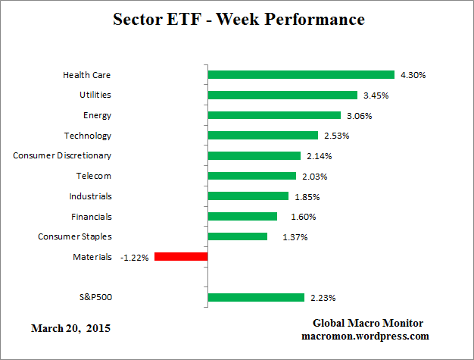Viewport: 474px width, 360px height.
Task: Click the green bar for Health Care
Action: tap(301, 75)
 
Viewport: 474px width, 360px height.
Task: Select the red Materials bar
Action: tap(181, 257)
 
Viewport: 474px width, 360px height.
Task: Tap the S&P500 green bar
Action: tap(255, 297)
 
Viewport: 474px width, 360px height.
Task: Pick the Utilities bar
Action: tap(282, 95)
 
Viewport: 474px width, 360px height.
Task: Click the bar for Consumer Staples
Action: tap(237, 236)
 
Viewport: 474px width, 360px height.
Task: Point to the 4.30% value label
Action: tap(412, 75)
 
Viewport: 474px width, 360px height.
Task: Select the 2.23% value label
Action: tap(321, 298)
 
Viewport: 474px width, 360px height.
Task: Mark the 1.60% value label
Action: tap(294, 217)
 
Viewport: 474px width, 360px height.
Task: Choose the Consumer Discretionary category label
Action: tap(62, 155)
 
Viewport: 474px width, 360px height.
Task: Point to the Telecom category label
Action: tap(93, 176)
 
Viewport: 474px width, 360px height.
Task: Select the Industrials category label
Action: tap(89, 196)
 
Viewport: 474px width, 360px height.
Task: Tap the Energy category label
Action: tap(97, 115)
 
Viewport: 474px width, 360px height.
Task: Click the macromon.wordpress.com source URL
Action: tap(365, 336)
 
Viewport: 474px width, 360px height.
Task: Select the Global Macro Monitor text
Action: tap(369, 323)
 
